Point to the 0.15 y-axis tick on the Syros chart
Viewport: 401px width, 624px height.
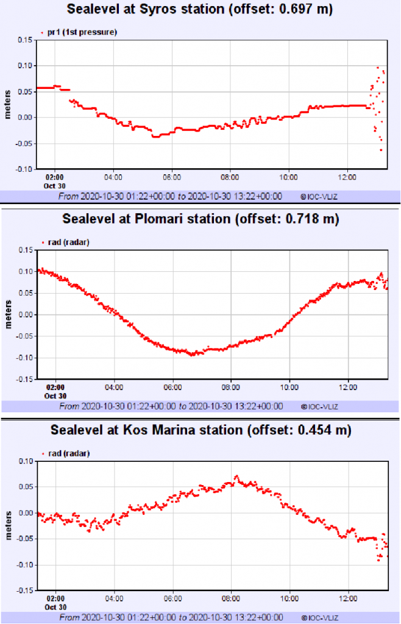click(x=25, y=40)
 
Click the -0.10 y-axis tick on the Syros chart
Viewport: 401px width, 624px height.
click(x=24, y=169)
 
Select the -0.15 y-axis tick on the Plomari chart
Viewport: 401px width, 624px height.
click(x=24, y=379)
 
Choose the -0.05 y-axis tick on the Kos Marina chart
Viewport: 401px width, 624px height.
click(x=24, y=539)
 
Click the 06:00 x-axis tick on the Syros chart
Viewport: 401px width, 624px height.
click(x=172, y=177)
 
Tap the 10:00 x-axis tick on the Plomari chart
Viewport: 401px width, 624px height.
click(x=289, y=387)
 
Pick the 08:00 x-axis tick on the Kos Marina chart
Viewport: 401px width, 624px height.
click(x=231, y=598)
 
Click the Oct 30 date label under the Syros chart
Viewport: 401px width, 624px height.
click(x=55, y=185)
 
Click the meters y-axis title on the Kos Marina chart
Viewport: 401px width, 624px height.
click(x=9, y=525)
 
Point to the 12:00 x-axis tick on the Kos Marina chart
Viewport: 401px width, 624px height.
click(x=348, y=598)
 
